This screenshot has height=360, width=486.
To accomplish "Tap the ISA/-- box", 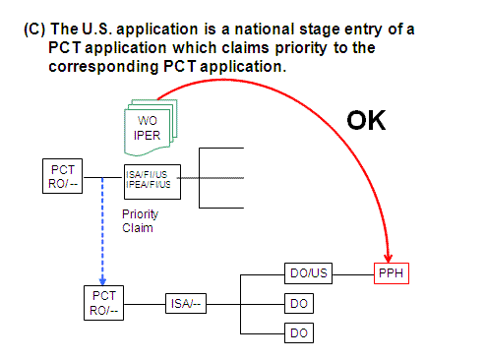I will coord(185,303).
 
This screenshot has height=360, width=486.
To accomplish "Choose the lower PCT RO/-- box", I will coord(104,301).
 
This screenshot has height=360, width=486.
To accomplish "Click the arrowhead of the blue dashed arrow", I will coord(102,277).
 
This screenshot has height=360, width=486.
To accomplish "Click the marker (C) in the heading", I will coord(32,29).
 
